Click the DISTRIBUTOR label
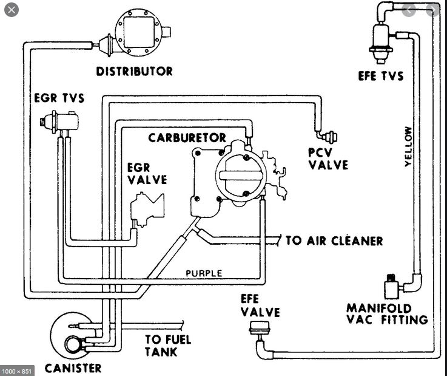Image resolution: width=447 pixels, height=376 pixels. [134, 72]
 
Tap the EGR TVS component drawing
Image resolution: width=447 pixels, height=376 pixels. [59, 122]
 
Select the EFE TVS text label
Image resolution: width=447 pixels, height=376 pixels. [381, 76]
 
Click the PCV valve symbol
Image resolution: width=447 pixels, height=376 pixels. [330, 137]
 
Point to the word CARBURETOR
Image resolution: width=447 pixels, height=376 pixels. [187, 138]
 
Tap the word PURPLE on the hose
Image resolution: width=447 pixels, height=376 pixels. [204, 273]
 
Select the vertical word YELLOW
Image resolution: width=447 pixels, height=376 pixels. [408, 146]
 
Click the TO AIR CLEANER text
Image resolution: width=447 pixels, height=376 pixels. [334, 241]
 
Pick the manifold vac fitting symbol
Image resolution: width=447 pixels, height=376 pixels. [392, 286]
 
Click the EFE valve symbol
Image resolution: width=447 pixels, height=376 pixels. [259, 329]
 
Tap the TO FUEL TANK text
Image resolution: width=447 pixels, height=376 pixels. [167, 346]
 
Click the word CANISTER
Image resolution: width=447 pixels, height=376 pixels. [73, 368]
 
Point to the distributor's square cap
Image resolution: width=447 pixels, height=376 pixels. [139, 32]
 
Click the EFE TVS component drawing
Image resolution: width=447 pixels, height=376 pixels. [381, 43]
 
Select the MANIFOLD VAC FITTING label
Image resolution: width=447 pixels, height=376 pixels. [387, 314]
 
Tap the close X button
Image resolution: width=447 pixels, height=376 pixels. [12, 10]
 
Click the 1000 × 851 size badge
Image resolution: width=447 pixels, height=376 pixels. [16, 371]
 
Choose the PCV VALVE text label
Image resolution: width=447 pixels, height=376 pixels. [328, 159]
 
